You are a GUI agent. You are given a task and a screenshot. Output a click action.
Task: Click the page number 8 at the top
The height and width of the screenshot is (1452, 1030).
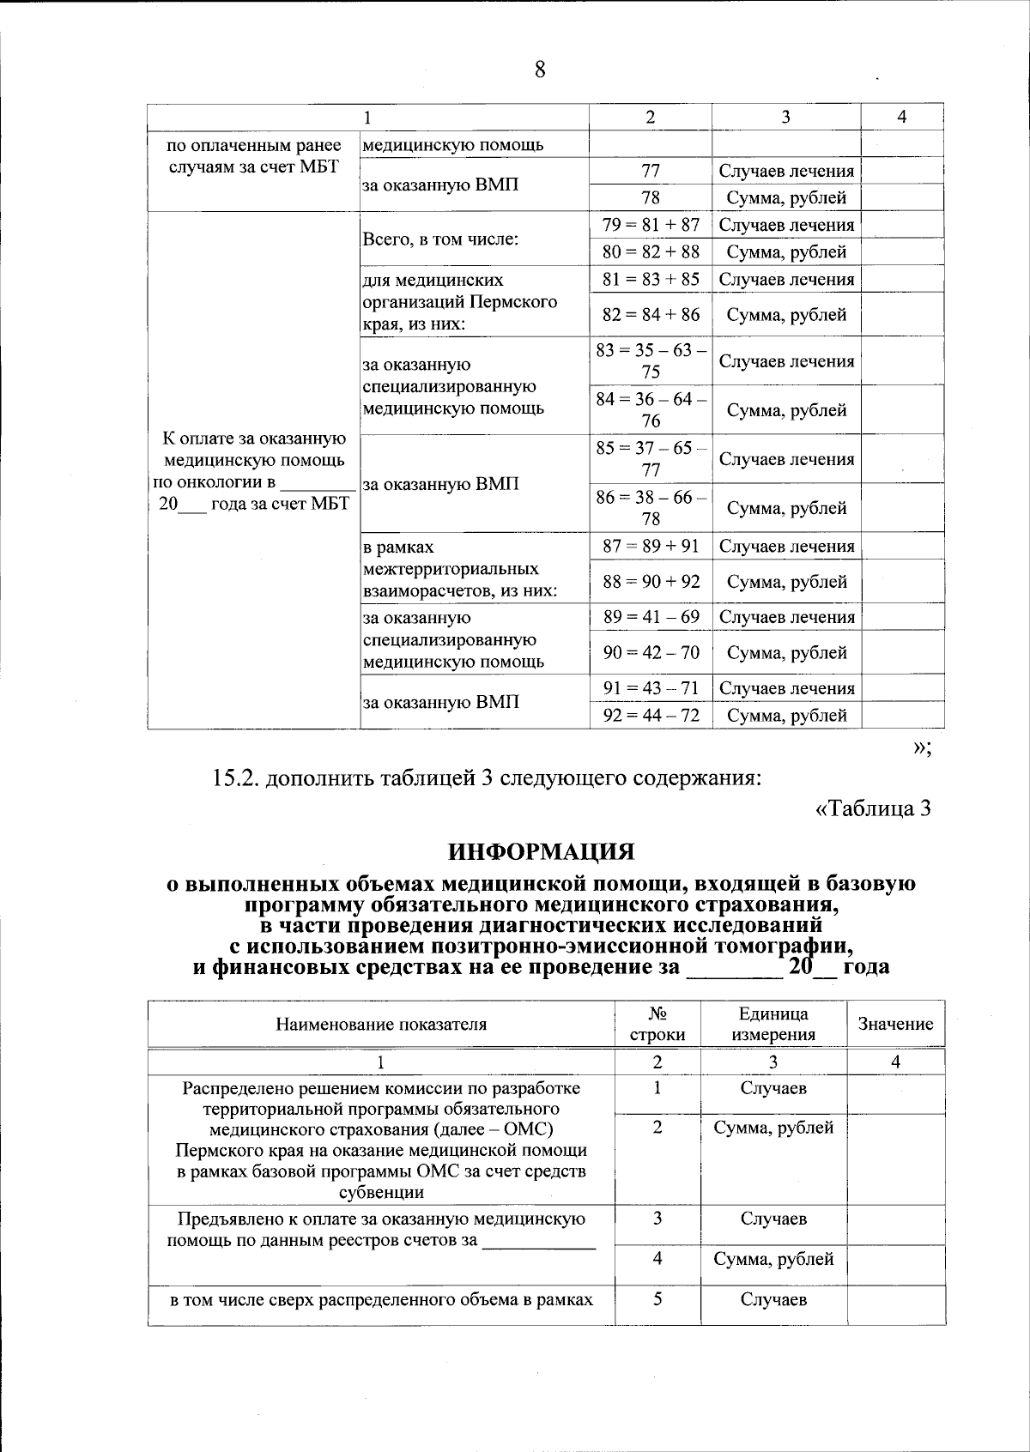click(x=540, y=70)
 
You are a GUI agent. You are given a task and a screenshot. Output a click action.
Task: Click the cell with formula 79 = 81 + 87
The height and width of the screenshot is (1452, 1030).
click(x=651, y=225)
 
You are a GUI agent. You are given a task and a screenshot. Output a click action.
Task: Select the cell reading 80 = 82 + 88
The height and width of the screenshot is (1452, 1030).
click(x=651, y=251)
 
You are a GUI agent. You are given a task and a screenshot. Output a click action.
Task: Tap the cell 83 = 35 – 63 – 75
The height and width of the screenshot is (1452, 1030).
click(x=651, y=360)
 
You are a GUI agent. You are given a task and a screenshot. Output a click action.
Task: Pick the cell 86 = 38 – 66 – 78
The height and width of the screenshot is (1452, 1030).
click(x=651, y=507)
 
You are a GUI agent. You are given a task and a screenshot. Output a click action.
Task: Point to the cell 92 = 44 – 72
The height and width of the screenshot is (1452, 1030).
click(x=651, y=715)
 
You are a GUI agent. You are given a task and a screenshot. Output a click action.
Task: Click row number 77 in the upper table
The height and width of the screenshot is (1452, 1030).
click(x=651, y=171)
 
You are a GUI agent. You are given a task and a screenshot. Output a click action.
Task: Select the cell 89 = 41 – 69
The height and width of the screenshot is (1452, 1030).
click(x=651, y=617)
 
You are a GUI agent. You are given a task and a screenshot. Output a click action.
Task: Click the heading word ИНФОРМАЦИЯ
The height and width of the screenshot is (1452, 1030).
click(x=541, y=852)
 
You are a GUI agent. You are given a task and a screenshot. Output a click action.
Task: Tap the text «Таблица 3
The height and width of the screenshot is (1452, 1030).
click(x=872, y=808)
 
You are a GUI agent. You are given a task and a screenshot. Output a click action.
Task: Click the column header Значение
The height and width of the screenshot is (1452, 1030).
click(x=895, y=1023)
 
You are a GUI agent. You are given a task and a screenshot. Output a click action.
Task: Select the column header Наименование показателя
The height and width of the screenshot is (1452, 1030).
click(x=381, y=1024)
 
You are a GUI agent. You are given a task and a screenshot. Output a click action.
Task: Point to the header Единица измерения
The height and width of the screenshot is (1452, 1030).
click(x=773, y=1024)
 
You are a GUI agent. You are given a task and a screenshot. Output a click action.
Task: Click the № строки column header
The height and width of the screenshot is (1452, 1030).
click(x=657, y=1024)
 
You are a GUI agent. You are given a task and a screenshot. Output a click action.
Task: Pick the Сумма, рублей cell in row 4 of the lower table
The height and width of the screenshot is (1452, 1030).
click(x=773, y=1259)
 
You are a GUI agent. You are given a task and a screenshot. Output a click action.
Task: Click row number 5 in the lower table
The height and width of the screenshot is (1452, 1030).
click(x=657, y=1299)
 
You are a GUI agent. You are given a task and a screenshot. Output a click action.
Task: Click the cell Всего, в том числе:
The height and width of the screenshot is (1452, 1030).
click(x=440, y=239)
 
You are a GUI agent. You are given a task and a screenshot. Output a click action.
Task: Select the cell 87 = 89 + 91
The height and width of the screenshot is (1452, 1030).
click(x=651, y=546)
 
